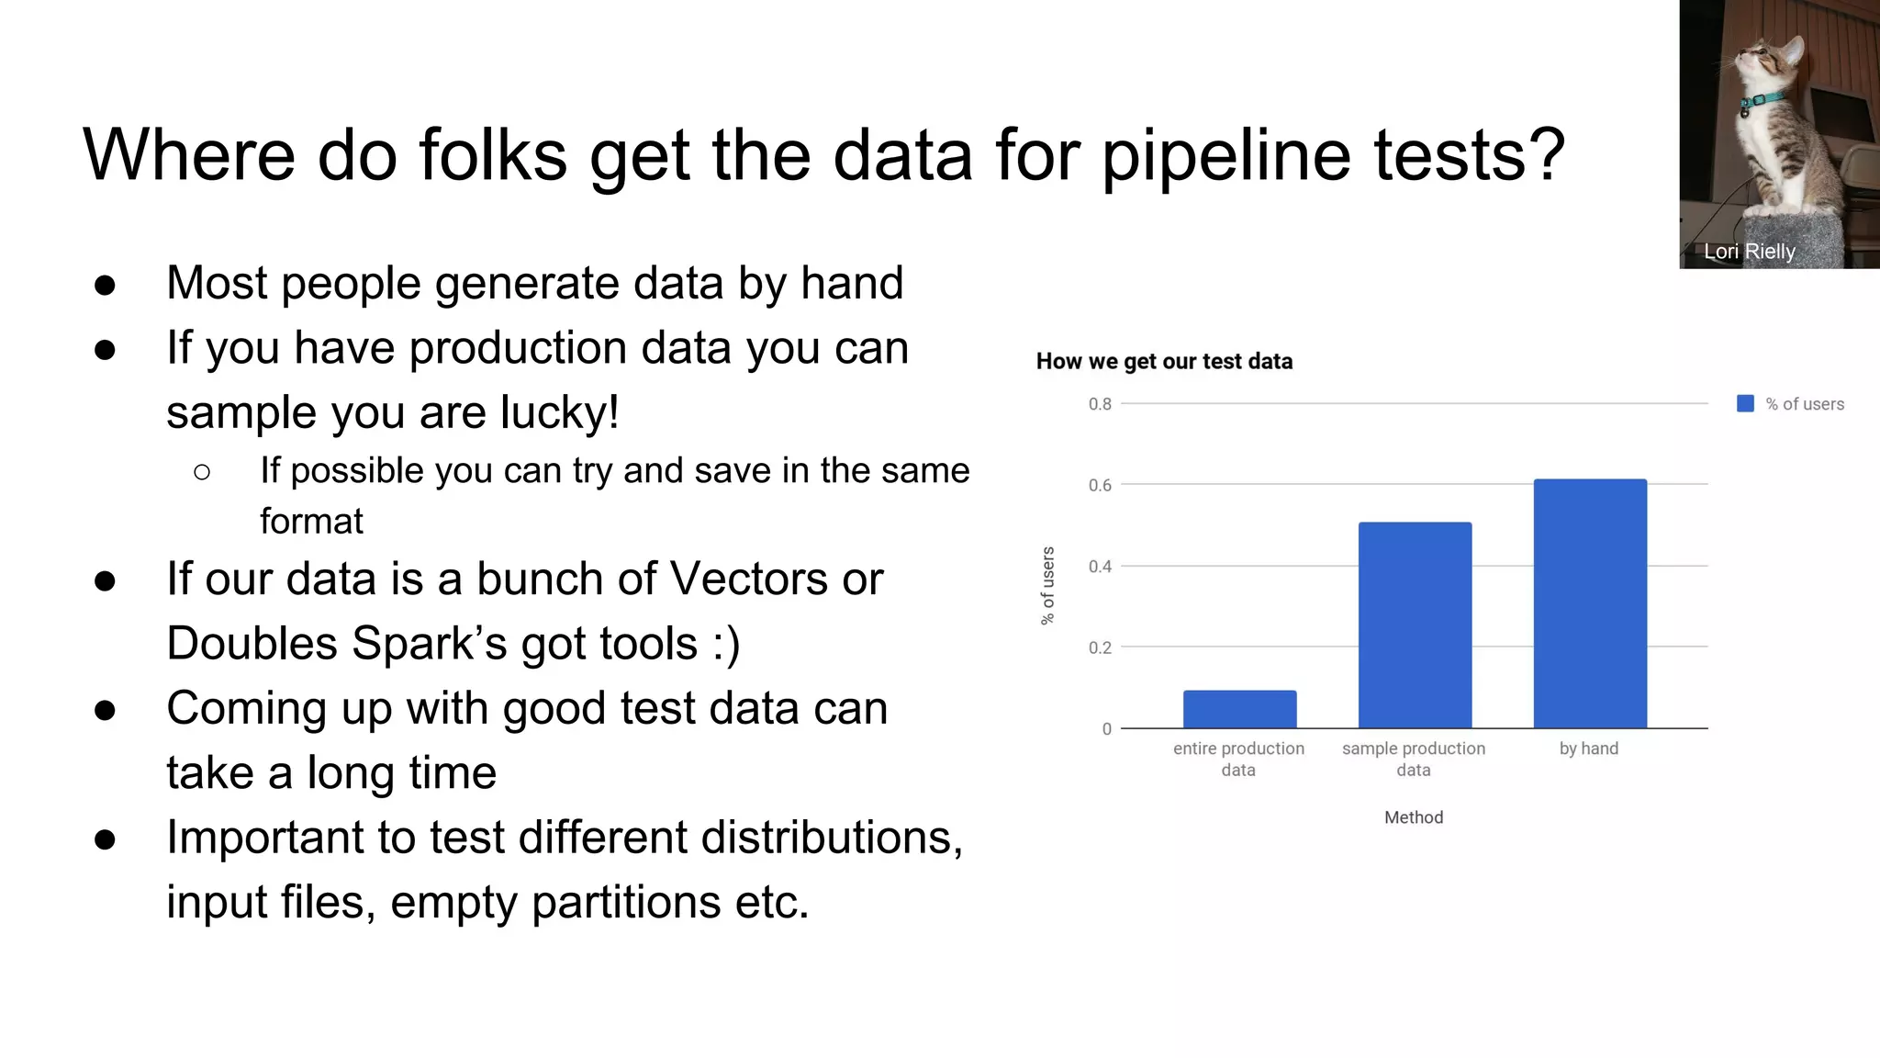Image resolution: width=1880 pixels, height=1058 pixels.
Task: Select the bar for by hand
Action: click(x=1590, y=603)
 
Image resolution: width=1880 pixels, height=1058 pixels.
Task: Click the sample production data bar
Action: click(x=1415, y=625)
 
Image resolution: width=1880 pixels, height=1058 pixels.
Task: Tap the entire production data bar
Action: click(x=1239, y=709)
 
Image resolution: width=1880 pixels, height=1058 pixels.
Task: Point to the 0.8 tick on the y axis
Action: click(x=1100, y=404)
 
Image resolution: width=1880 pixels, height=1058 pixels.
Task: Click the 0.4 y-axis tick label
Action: click(x=1100, y=567)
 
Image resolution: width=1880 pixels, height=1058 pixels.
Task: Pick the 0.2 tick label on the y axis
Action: click(x=1100, y=647)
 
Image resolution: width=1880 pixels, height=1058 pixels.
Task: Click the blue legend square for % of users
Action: click(x=1745, y=404)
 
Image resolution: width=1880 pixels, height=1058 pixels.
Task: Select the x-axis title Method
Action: click(x=1414, y=817)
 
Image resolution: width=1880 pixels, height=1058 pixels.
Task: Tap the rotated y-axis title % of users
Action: click(x=1047, y=586)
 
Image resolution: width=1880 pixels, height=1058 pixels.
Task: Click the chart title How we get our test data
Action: click(x=1164, y=361)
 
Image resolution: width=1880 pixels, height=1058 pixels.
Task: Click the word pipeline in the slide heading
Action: click(x=1225, y=156)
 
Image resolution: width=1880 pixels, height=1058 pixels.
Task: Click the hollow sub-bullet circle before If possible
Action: click(x=202, y=473)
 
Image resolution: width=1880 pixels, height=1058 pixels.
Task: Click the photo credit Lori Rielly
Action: click(x=1749, y=252)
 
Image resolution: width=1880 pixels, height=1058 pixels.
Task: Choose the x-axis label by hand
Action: click(x=1588, y=748)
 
